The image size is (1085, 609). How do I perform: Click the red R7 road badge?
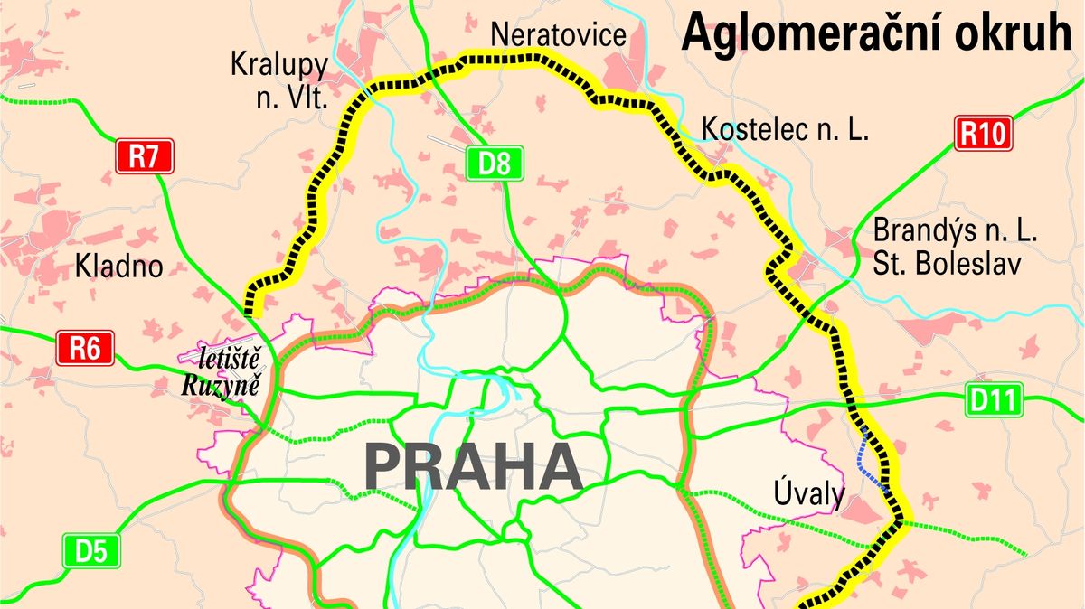click(143, 156)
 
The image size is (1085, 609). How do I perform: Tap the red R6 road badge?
click(85, 348)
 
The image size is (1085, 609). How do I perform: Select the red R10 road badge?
click(982, 135)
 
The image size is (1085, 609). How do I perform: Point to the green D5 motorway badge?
click(90, 550)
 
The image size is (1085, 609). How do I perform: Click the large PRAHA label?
click(472, 466)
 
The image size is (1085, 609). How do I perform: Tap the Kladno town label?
click(119, 267)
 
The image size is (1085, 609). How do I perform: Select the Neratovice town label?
click(558, 35)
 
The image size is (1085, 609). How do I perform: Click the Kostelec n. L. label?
click(785, 129)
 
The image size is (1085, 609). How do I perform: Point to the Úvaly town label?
click(809, 494)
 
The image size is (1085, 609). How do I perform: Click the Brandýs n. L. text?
click(955, 230)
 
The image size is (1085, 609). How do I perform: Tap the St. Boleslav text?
click(946, 266)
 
